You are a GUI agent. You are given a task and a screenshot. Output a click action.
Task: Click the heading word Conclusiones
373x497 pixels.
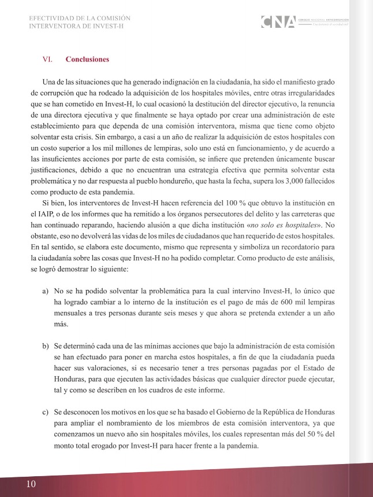87,59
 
